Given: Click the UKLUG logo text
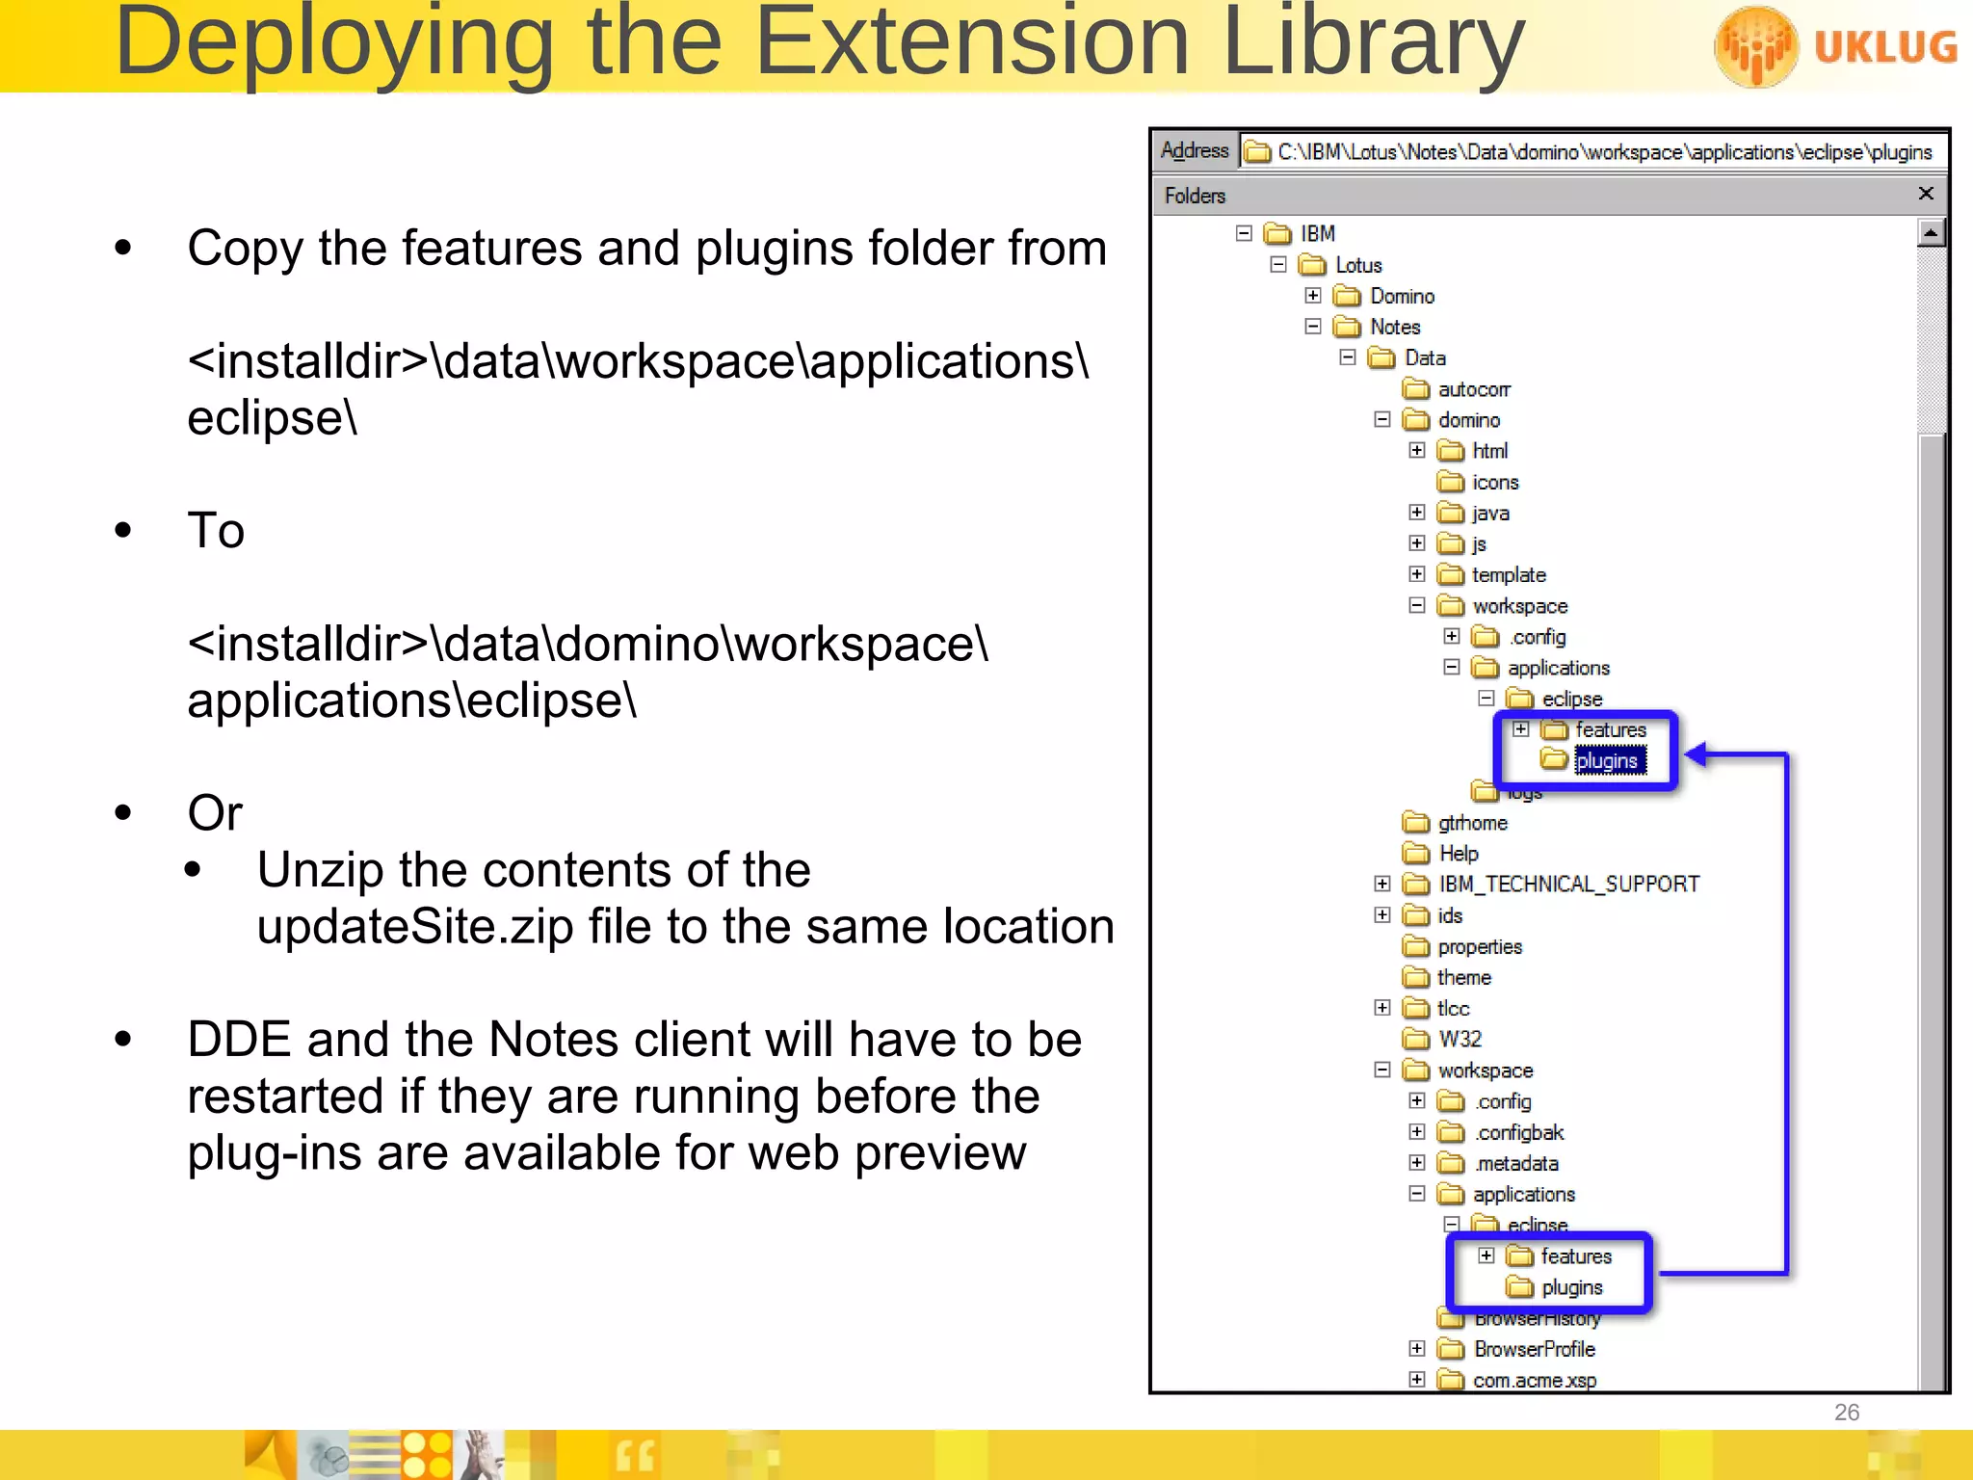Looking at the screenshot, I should click(1884, 46).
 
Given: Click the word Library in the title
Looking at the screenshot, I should click(1372, 42).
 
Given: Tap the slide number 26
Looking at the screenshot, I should click(1846, 1413).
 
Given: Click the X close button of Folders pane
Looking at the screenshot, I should click(1926, 194).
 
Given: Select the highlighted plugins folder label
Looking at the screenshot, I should click(1606, 761).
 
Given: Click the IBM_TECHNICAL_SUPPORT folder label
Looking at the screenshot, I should click(1568, 884).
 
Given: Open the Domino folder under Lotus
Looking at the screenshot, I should click(1402, 296).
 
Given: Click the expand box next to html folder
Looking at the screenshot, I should click(1416, 450).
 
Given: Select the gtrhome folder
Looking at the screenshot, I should click(1472, 823).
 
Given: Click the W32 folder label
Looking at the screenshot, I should click(1460, 1039).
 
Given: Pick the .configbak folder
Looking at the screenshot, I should click(1519, 1132).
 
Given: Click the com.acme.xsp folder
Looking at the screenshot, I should click(1534, 1380).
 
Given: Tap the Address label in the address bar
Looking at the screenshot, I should click(1195, 150).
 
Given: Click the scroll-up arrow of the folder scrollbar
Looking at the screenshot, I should click(1931, 233).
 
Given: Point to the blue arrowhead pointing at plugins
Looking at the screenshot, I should click(1698, 754).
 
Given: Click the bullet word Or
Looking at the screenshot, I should click(215, 812).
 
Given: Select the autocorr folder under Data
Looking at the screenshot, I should click(1473, 389).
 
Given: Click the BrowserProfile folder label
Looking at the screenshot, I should click(1534, 1349).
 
